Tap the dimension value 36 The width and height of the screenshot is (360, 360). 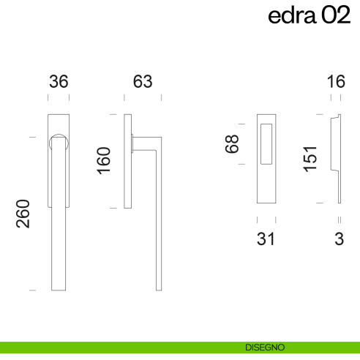[x=59, y=82]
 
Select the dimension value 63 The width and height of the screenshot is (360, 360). [x=143, y=82]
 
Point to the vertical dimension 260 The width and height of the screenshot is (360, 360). [x=23, y=214]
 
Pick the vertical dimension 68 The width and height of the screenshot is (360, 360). [x=233, y=143]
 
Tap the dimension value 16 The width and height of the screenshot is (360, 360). [x=336, y=82]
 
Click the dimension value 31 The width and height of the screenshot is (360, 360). [x=266, y=239]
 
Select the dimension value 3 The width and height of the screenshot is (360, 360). [x=339, y=239]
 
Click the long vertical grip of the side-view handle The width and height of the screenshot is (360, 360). [x=158, y=220]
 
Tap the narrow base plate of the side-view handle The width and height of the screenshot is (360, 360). [x=129, y=161]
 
